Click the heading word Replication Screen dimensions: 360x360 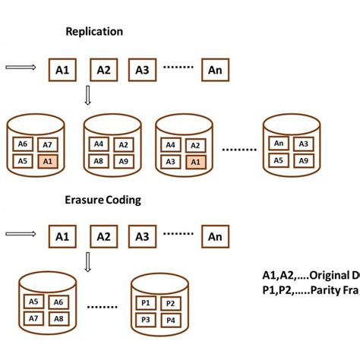click(x=94, y=33)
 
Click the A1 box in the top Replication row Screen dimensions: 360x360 click(x=62, y=71)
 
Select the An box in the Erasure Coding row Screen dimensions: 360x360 click(x=215, y=237)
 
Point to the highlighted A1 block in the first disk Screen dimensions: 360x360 click(x=48, y=161)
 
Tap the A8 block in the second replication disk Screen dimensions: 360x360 click(x=97, y=161)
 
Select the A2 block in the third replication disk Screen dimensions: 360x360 click(x=194, y=144)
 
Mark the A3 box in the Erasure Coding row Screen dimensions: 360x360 click(x=141, y=237)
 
